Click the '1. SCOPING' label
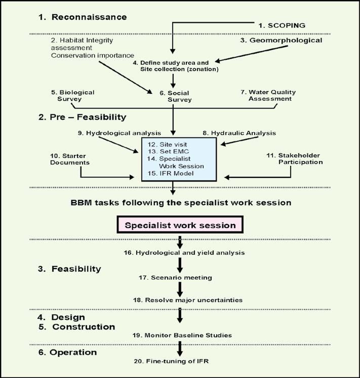click(282, 25)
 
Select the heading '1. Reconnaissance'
click(83, 17)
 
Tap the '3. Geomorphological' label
click(281, 40)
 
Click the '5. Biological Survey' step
click(72, 95)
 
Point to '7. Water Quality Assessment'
click(268, 95)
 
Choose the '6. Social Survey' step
click(176, 96)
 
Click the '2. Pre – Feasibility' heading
click(82, 117)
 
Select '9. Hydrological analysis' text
click(119, 133)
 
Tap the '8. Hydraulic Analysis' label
click(239, 133)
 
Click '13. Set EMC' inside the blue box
click(168, 152)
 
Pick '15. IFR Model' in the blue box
click(170, 173)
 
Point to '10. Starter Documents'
click(70, 159)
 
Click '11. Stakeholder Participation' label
click(295, 159)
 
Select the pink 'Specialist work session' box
click(180, 224)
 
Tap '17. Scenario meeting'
click(175, 278)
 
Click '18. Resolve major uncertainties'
click(188, 300)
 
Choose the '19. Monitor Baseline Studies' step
click(182, 335)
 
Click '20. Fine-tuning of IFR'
click(171, 361)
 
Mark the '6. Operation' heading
click(67, 353)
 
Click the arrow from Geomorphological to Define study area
click(251, 54)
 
